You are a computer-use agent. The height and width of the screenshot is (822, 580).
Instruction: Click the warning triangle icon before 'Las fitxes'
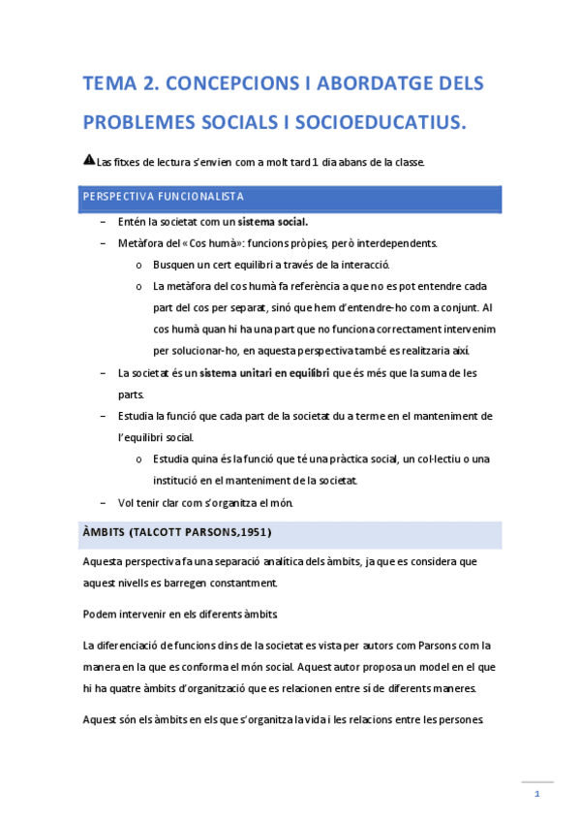pyautogui.click(x=89, y=160)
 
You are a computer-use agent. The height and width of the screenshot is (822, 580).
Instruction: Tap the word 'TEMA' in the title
pyautogui.click(x=109, y=84)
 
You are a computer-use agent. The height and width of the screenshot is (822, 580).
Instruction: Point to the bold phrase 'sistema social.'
pyautogui.click(x=273, y=222)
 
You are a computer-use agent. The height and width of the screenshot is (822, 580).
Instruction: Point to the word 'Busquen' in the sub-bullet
pyautogui.click(x=175, y=265)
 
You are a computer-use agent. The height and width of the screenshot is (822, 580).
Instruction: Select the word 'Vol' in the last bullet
pyautogui.click(x=126, y=502)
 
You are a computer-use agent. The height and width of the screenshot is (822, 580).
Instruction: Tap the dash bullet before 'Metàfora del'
pyautogui.click(x=104, y=243)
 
